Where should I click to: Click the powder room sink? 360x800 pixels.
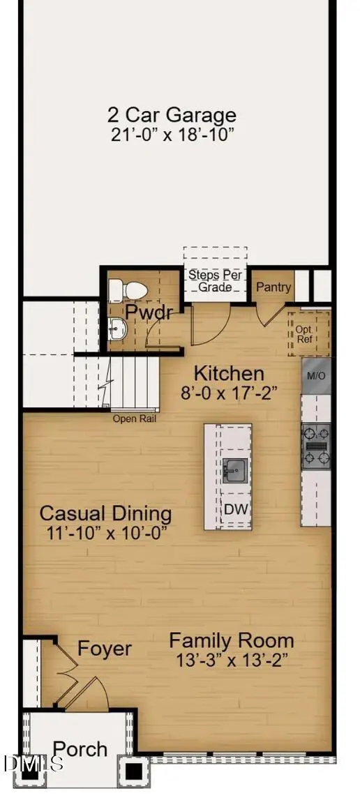pyautogui.click(x=117, y=328)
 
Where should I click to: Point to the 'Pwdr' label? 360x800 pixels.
pyautogui.click(x=149, y=312)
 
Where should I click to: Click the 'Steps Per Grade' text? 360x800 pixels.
pyautogui.click(x=215, y=280)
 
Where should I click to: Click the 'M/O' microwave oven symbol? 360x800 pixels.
pyautogui.click(x=316, y=376)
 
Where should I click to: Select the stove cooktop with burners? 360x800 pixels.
pyautogui.click(x=316, y=446)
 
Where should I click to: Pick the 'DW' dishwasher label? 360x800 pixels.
pyautogui.click(x=235, y=509)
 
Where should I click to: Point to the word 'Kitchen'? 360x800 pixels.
pyautogui.click(x=229, y=373)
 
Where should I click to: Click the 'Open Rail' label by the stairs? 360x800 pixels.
pyautogui.click(x=135, y=419)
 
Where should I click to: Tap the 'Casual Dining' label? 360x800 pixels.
pyautogui.click(x=105, y=514)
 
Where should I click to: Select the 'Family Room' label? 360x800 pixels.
pyautogui.click(x=232, y=640)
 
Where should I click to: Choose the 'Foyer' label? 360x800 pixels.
pyautogui.click(x=105, y=649)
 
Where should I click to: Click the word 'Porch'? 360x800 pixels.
pyautogui.click(x=81, y=749)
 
